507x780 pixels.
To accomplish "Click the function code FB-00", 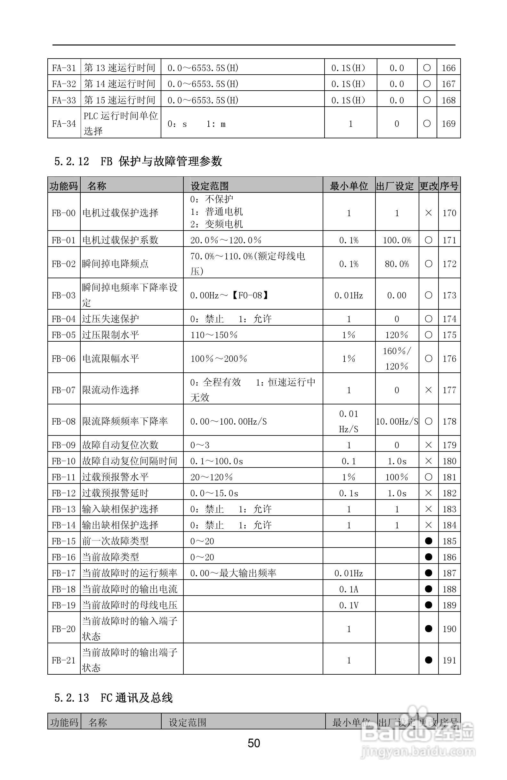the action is [64, 213].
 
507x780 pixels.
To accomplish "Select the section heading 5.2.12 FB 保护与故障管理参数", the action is [138, 161].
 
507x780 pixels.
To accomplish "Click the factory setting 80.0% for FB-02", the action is [397, 264].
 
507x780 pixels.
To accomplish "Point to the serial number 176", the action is [449, 359].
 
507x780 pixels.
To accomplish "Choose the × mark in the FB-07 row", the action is [428, 390].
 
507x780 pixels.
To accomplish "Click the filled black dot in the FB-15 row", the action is [428, 541].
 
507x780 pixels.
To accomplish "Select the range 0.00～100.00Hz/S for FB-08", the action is [228, 421].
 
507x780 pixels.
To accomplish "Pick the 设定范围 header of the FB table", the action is [210, 186].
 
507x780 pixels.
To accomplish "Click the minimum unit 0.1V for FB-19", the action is [349, 605].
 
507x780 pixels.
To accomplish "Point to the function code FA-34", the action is [64, 124].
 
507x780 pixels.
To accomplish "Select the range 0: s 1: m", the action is [197, 124].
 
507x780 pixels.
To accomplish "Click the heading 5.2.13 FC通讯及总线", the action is [113, 698].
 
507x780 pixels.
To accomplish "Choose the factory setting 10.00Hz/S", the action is [397, 421].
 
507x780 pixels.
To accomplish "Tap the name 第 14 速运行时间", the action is [119, 84].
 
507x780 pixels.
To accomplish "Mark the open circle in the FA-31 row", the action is [427, 68].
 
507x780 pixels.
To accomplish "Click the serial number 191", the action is [449, 660].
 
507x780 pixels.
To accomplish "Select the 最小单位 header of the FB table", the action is [349, 186].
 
